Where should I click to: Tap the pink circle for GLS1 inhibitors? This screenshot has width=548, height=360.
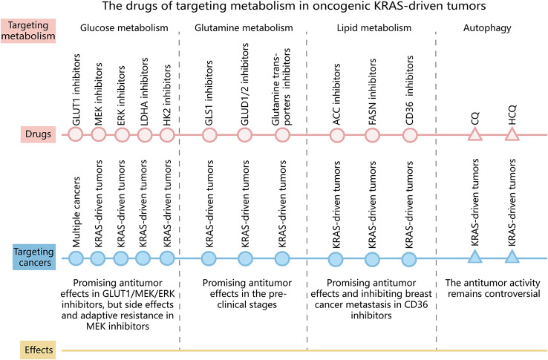pos(209,135)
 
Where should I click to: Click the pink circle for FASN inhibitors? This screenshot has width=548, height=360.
pos(373,135)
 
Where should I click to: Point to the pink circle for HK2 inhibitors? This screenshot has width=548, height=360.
pos(167,135)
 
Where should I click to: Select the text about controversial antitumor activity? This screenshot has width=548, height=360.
pos(493,289)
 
